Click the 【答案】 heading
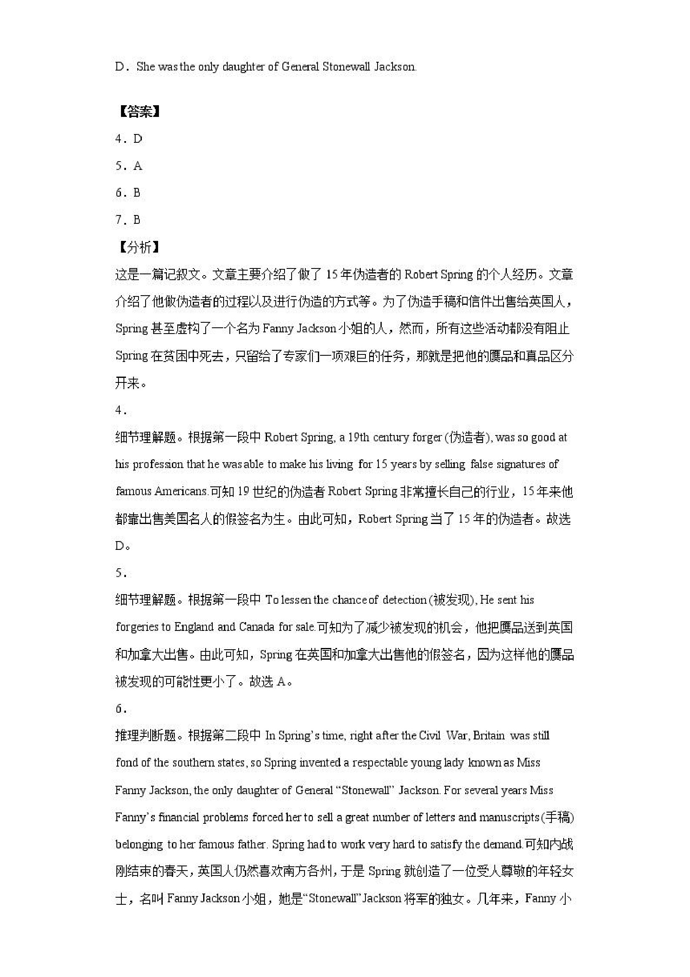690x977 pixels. (139, 112)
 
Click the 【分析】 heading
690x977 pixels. (139, 247)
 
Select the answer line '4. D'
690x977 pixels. (129, 139)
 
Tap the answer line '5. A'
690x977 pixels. (129, 166)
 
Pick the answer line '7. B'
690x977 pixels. (128, 220)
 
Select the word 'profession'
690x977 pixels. (158, 464)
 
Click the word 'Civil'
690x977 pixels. (430, 736)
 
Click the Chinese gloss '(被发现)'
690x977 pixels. (452, 600)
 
